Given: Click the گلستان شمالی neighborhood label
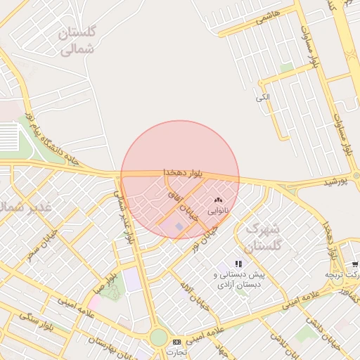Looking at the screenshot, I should [77, 41].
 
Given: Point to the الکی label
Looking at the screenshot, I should [262, 96].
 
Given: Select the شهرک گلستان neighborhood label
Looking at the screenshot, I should [262, 237].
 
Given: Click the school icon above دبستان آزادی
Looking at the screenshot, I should [238, 264].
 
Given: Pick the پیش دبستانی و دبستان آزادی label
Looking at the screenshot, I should [238, 280].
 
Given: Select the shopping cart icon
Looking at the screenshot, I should [356, 264].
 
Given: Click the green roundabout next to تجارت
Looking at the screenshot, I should [159, 337].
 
